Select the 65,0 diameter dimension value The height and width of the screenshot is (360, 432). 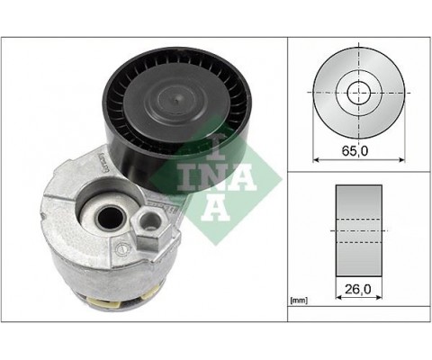coord(357,150)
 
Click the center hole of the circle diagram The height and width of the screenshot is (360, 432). coord(357,92)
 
